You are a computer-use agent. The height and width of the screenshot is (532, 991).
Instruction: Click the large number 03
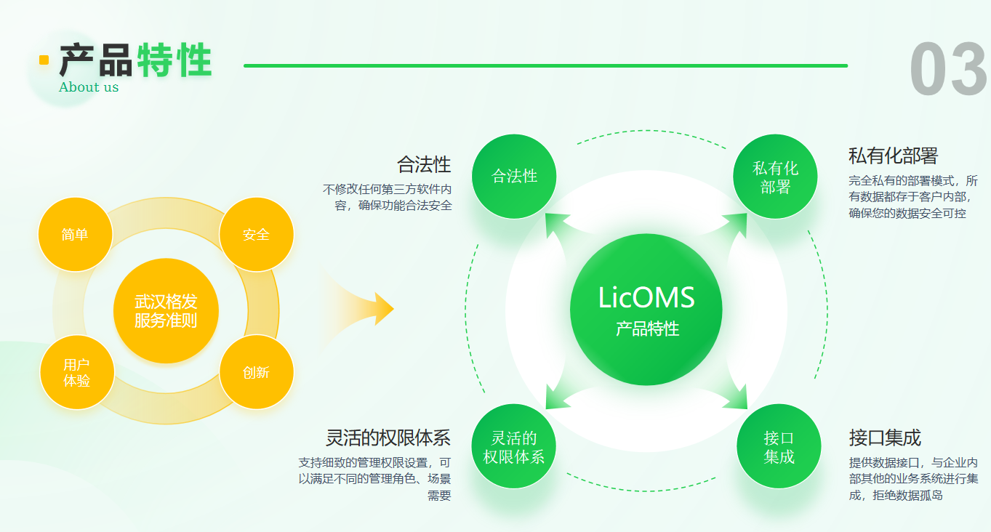(948, 70)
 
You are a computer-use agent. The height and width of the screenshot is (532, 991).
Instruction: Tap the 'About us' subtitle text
(89, 87)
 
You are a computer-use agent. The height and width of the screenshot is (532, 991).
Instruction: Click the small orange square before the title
(44, 60)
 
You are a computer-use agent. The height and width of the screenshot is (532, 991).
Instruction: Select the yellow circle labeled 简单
(75, 234)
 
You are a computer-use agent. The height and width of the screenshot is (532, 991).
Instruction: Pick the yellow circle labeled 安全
(256, 234)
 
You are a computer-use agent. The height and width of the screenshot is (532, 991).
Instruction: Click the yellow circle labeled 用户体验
(76, 372)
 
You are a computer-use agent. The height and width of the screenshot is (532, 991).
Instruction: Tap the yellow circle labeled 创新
(256, 372)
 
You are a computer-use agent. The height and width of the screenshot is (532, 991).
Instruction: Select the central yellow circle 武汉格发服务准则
(166, 310)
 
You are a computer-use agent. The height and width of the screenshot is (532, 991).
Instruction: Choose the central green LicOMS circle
(646, 310)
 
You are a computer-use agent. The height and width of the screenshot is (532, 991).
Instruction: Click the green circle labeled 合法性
(514, 176)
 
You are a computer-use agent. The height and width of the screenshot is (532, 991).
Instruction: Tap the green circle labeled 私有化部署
(776, 177)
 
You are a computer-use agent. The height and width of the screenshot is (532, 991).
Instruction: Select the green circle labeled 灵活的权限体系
(514, 446)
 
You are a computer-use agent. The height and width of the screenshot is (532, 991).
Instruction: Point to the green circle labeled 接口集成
(779, 446)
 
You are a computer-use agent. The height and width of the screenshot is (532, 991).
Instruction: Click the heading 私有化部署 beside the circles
(893, 156)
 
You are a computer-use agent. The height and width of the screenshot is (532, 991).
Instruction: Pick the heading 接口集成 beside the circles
(885, 438)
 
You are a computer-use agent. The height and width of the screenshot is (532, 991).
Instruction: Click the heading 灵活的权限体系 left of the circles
(388, 438)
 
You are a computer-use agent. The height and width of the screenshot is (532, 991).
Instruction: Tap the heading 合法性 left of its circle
(424, 164)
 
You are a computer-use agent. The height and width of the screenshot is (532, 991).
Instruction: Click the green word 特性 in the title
(174, 60)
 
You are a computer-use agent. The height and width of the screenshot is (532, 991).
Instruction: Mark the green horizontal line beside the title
(545, 65)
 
